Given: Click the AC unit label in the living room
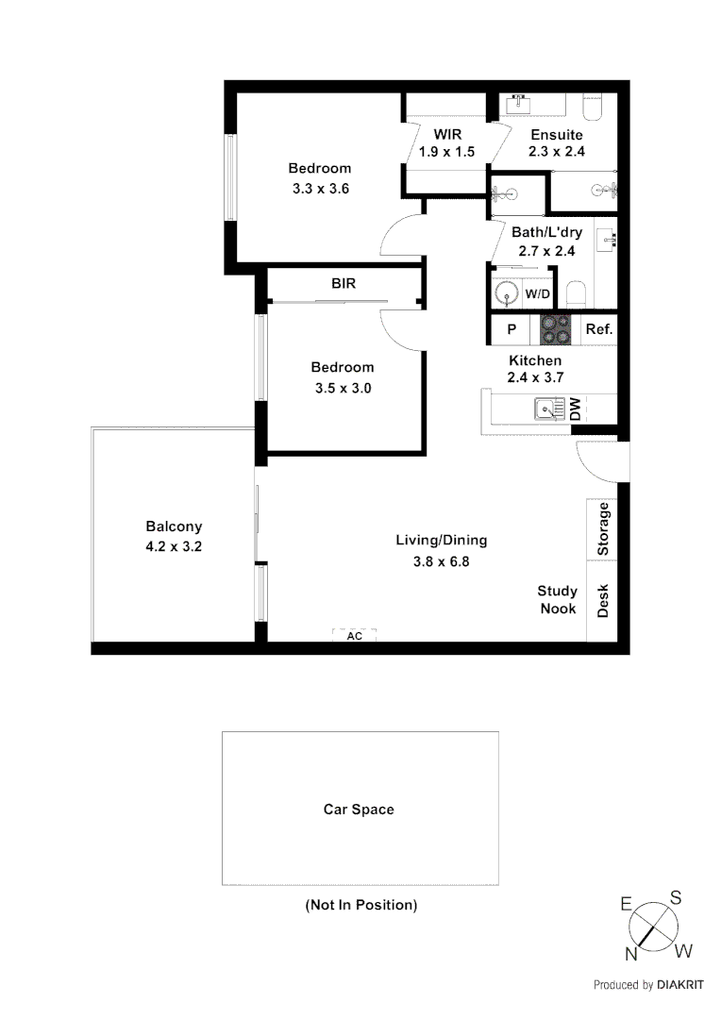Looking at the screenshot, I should (x=354, y=636).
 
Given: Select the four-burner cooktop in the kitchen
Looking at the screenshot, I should (x=555, y=329).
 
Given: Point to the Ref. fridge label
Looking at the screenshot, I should (x=599, y=329).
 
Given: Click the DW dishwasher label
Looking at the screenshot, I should (x=575, y=409).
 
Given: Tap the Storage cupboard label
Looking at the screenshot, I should (x=603, y=529).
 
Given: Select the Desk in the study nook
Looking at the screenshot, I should (x=603, y=601).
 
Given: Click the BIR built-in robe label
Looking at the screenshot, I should (x=343, y=283).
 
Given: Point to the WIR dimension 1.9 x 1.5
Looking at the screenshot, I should (x=446, y=151).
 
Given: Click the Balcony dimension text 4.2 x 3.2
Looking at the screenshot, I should (x=174, y=544).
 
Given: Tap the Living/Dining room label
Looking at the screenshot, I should (x=441, y=541).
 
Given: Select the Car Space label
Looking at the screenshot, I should (x=359, y=809).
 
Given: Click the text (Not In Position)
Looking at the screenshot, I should (x=360, y=905).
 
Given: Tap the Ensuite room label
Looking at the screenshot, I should (x=556, y=134).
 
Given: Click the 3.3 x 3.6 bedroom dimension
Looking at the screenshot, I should (x=321, y=188).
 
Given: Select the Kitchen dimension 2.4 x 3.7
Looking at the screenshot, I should (x=535, y=378).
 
